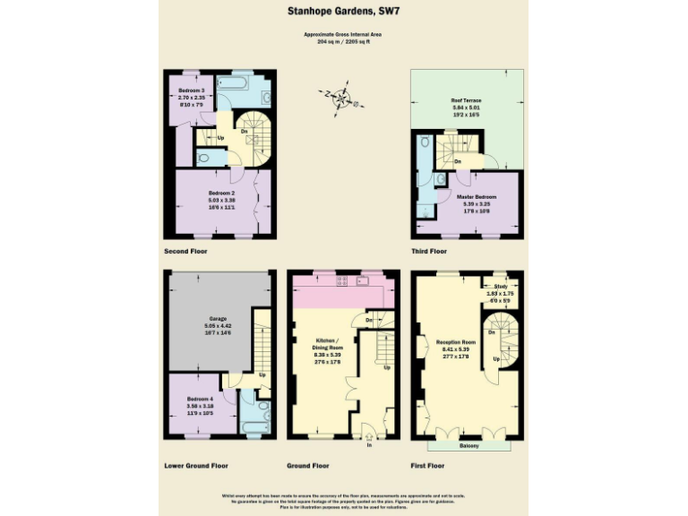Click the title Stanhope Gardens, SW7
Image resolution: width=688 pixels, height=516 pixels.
pos(344,12)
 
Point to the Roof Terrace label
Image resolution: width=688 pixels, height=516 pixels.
pos(467,100)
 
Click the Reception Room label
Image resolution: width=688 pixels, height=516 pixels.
pos(454,342)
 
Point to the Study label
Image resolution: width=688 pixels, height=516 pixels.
pos(501,287)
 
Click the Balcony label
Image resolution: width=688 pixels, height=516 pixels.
pos(469,444)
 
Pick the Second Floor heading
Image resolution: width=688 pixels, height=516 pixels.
pos(185,251)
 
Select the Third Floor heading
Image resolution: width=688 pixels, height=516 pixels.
pos(429,251)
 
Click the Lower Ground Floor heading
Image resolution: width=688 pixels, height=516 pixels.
pos(196,466)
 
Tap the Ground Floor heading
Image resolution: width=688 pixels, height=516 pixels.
pos(308,466)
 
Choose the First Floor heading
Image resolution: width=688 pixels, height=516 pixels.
pos(429,466)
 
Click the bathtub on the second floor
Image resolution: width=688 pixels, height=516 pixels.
pos(235,87)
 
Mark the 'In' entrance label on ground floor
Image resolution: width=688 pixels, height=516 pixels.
pos(368,444)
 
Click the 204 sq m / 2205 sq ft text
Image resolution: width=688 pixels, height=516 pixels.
pos(344,41)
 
